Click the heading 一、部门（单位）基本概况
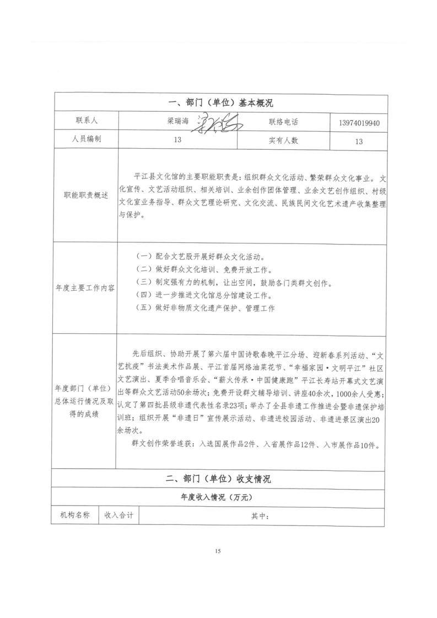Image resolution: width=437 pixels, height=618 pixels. click(219, 103)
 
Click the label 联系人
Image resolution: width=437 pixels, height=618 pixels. click(86, 121)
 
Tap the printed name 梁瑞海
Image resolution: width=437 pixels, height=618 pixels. click(176, 122)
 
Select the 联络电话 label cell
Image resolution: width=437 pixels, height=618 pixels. click(283, 121)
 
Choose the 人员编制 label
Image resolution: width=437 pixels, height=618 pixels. click(86, 140)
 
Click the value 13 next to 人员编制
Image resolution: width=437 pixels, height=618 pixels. click(177, 140)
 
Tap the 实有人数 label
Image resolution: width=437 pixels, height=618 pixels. click(283, 140)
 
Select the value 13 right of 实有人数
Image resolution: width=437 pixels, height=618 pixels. click(359, 141)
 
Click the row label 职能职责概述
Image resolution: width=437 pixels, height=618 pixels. click(86, 196)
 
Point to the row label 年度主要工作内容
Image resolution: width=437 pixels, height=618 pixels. click(86, 288)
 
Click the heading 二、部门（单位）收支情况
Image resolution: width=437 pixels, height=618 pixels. click(219, 479)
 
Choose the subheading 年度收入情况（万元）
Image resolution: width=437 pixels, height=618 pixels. click(219, 497)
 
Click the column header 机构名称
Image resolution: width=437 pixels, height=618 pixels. click(75, 516)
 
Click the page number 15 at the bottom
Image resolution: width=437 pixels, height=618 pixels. click(218, 551)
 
